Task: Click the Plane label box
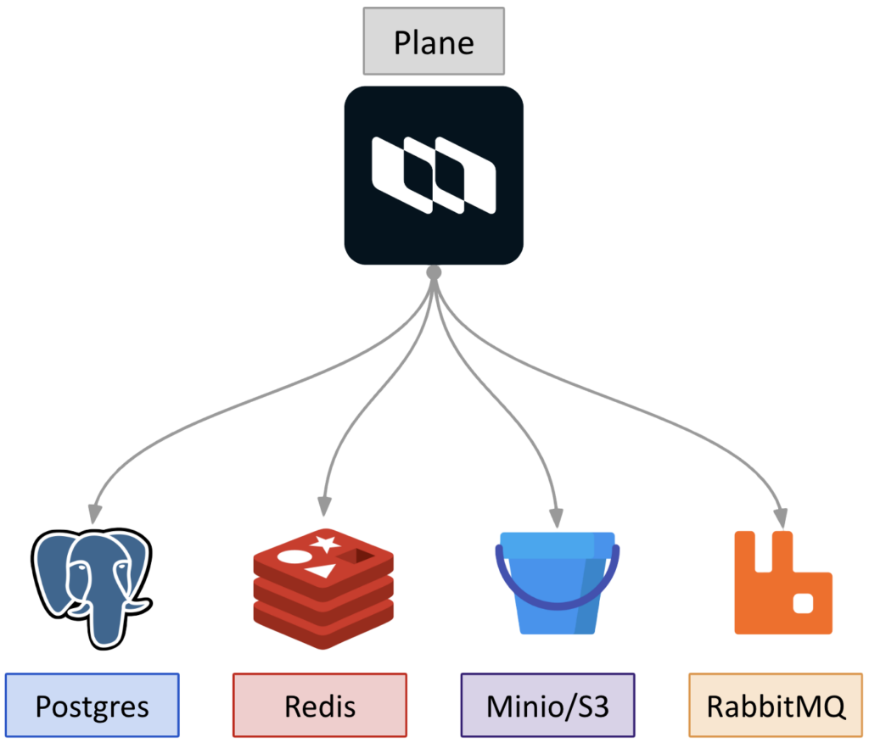click(x=434, y=42)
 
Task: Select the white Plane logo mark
click(x=434, y=175)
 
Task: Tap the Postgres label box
click(x=92, y=706)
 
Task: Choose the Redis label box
click(x=320, y=706)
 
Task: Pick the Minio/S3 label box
click(x=547, y=706)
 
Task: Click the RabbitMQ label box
click(x=776, y=706)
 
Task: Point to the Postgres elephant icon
click(x=92, y=585)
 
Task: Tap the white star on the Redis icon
click(x=325, y=544)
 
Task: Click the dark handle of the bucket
click(x=557, y=594)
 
